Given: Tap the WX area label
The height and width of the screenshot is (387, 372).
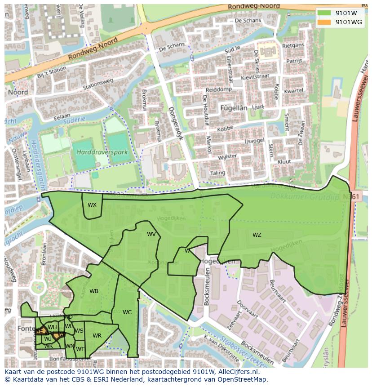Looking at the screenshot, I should tap(92, 205).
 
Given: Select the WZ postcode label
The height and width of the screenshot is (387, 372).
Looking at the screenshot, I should tap(257, 235).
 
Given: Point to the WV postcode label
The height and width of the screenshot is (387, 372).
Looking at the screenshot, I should tap(151, 234).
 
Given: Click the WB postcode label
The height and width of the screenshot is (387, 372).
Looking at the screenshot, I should tap(94, 291).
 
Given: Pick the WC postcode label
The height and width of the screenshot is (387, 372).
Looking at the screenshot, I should tap(127, 312).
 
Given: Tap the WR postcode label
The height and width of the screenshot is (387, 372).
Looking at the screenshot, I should tap(97, 336).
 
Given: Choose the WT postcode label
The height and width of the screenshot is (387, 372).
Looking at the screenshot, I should tap(80, 349).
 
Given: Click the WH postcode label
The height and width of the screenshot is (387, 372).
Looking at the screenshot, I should tap(52, 327).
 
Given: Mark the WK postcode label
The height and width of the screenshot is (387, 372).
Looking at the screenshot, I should tap(49, 346).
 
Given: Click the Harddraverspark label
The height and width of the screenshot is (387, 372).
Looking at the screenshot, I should tap(102, 152).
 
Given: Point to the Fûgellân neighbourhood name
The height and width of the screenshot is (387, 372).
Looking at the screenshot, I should tap(234, 108).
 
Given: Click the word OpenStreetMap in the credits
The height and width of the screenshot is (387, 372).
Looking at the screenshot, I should tap(244, 379).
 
